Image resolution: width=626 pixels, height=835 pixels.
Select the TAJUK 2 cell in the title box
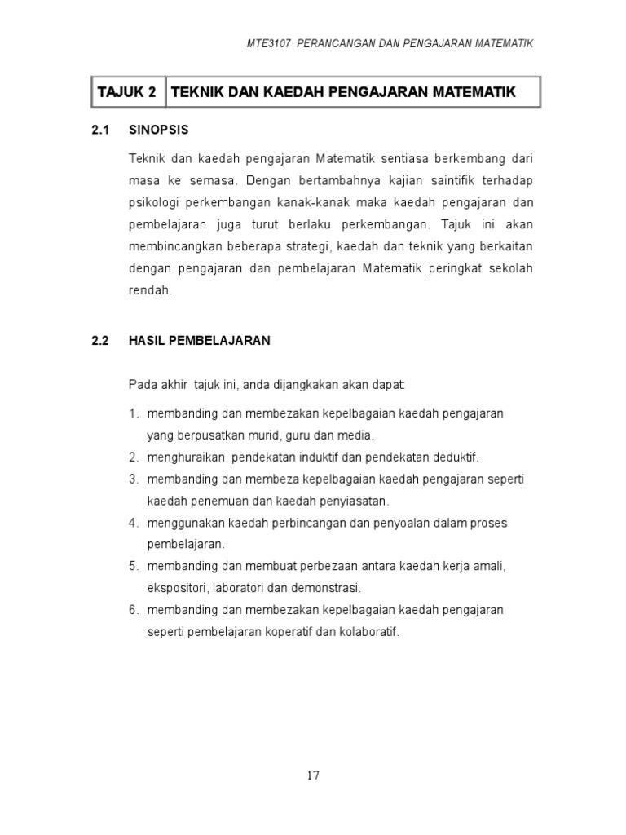(126, 92)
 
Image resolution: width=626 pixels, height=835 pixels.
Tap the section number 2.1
(100, 130)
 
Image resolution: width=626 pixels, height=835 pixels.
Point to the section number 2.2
(100, 342)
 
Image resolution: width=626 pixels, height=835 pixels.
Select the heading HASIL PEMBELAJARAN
(200, 342)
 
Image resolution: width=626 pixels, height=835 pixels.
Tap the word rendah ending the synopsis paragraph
(150, 289)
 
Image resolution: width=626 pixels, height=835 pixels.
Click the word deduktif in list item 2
(454, 457)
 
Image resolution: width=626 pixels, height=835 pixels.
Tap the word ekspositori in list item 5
(176, 587)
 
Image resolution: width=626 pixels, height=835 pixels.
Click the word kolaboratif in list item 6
(370, 632)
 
